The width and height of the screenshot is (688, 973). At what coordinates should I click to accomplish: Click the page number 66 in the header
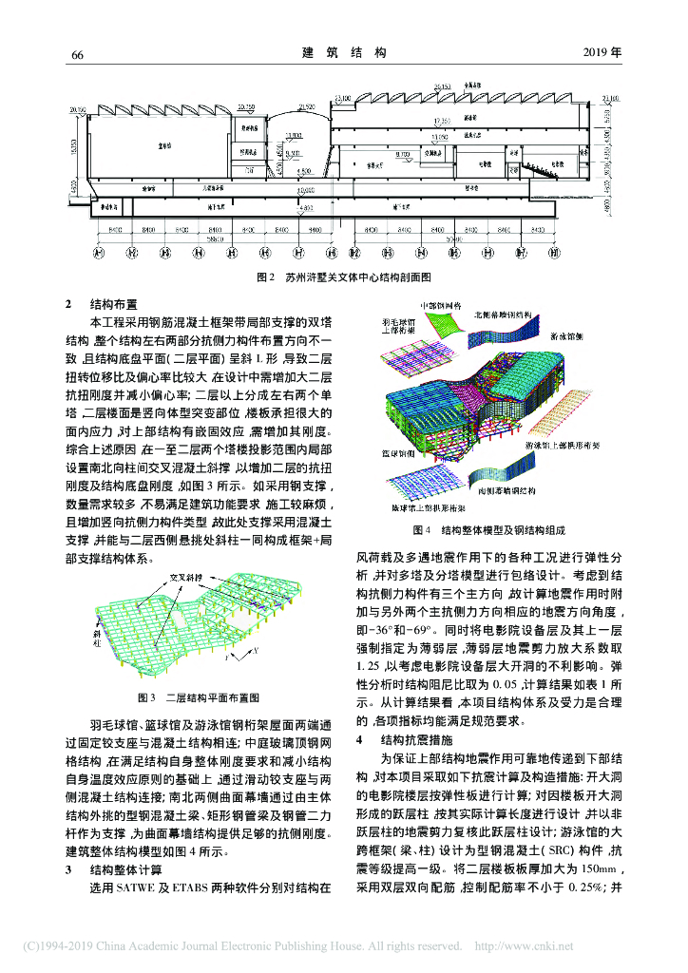[79, 53]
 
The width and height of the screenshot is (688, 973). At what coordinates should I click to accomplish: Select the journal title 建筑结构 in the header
[343, 53]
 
